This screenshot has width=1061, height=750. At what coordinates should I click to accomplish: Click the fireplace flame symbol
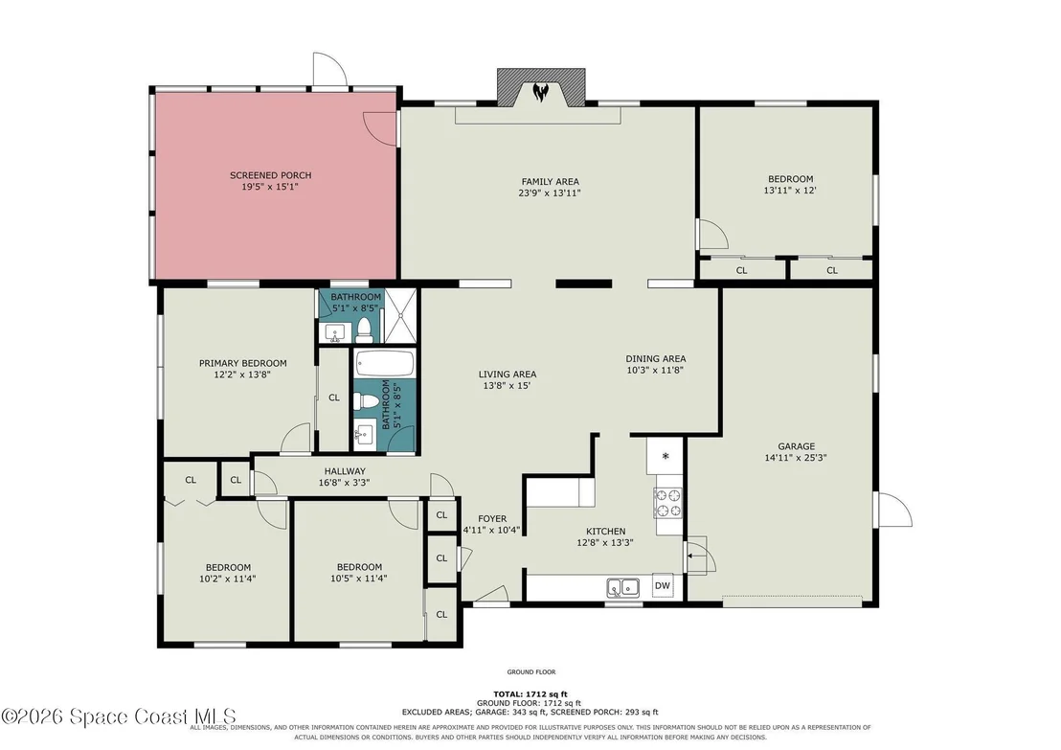click(540, 91)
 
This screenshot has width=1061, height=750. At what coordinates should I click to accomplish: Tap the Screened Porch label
click(271, 175)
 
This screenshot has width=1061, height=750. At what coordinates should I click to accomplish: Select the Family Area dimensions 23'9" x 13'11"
click(550, 193)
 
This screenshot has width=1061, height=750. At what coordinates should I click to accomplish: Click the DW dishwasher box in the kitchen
click(663, 586)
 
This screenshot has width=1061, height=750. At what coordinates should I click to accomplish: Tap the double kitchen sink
click(623, 587)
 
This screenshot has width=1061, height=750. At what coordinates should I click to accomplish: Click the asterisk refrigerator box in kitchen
click(666, 456)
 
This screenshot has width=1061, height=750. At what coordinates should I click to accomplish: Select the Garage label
click(797, 446)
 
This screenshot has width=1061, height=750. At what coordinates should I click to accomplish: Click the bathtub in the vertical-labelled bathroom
click(384, 364)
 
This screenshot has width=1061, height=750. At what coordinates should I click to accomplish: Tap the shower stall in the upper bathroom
click(400, 315)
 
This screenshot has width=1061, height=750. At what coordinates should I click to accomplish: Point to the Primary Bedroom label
click(243, 363)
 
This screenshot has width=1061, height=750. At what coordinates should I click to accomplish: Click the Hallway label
click(345, 471)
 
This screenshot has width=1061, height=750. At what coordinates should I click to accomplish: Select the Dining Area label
click(656, 359)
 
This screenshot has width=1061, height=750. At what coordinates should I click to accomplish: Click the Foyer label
click(492, 518)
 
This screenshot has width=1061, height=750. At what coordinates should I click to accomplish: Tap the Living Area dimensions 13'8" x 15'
click(508, 386)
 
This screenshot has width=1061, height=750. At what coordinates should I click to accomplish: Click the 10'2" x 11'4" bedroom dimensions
click(227, 579)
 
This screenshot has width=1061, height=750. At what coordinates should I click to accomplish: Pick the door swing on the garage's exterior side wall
click(894, 509)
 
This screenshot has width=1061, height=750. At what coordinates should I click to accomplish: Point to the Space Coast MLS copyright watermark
click(119, 716)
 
